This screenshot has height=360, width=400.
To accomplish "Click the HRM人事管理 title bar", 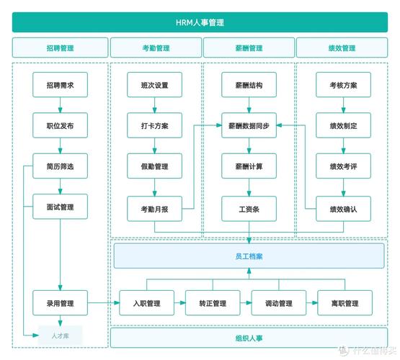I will (x=200, y=22).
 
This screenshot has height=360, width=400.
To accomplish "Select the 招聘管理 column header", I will (x=60, y=48).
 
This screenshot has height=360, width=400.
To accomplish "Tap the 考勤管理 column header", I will (x=155, y=48).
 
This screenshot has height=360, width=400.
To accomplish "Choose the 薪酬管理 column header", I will (x=248, y=48).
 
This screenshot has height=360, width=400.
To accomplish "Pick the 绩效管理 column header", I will (x=342, y=48).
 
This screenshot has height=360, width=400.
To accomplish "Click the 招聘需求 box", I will (x=60, y=85).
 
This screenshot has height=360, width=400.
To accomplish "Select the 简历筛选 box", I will (x=60, y=166).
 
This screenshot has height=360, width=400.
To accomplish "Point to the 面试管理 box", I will (x=60, y=207).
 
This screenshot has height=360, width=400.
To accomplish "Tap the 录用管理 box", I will (x=60, y=303).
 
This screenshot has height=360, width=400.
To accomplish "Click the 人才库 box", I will (x=61, y=335).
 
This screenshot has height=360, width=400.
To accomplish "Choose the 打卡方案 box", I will (x=154, y=126).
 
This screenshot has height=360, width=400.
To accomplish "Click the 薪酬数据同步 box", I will (x=248, y=126).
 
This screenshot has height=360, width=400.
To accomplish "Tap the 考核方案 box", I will (x=342, y=85).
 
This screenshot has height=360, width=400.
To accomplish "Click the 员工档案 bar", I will (x=248, y=256).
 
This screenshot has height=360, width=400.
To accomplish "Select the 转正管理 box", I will (x=213, y=303).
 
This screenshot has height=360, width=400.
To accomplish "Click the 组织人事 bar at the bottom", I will (x=248, y=337).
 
